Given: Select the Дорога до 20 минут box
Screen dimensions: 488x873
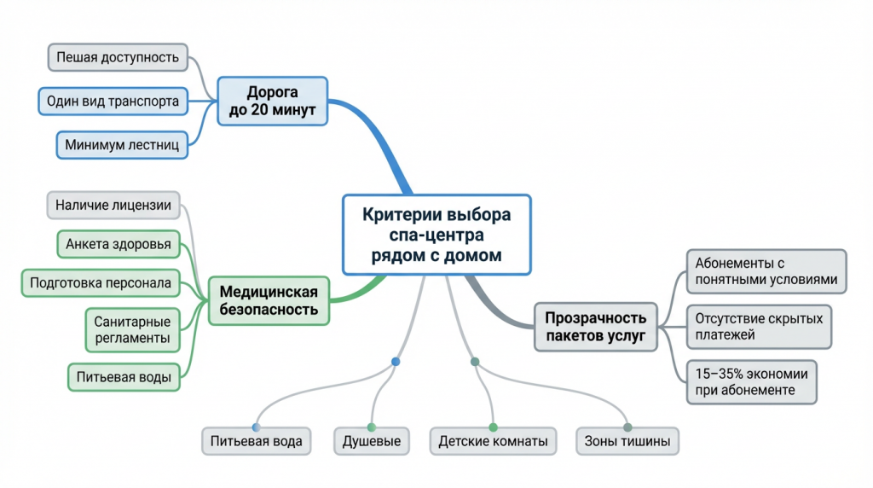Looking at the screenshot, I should point(272,102).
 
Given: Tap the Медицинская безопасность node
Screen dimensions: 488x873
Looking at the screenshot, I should point(269,301).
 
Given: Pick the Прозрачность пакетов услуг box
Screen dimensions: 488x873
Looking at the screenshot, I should point(596,326).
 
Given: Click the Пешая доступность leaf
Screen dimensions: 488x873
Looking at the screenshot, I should point(118,58).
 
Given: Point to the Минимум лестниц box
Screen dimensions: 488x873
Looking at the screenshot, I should point(122,145).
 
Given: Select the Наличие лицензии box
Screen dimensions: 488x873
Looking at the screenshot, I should point(113,205).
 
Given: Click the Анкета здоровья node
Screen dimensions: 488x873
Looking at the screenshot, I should point(119,245).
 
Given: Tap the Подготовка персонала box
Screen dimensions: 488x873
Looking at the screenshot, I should point(101,283).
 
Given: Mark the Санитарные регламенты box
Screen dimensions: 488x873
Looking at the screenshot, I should point(131,330).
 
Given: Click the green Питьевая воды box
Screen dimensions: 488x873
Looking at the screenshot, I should point(124,376).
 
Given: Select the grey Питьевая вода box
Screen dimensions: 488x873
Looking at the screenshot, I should point(257,442).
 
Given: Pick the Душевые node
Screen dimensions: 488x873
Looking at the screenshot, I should point(371,442).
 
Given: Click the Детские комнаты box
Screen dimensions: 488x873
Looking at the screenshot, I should point(493,442).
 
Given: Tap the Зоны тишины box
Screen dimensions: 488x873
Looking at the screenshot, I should point(627,442).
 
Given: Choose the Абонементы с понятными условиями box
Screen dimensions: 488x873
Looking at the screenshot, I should point(766,271).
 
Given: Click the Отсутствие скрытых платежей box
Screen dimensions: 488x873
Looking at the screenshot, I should point(759,327).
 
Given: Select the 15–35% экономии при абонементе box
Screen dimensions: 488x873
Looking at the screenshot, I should point(751,381).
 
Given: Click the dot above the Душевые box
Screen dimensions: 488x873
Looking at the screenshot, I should point(372,427).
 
